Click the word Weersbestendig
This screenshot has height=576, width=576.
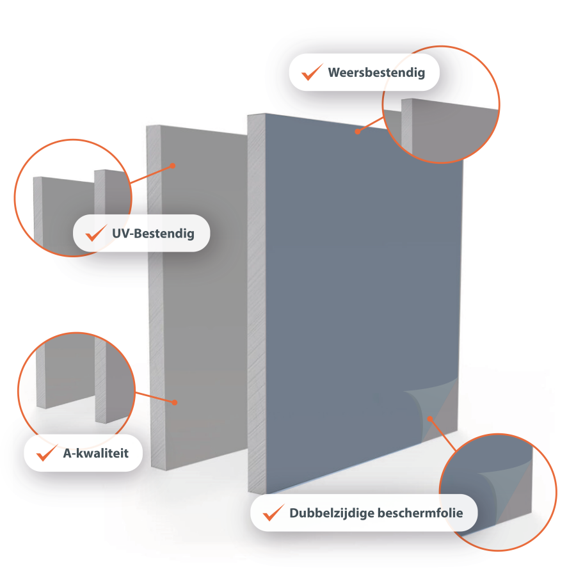click(x=376, y=73)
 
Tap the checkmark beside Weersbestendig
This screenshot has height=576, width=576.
click(x=312, y=72)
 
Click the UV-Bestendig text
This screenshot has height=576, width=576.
click(x=153, y=234)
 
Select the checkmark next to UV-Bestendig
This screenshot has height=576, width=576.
click(x=96, y=233)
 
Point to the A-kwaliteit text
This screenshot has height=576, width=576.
click(x=96, y=453)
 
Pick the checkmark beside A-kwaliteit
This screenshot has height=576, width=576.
click(x=47, y=452)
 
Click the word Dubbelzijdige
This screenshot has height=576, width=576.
click(x=332, y=513)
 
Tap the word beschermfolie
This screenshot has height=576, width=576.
click(x=420, y=513)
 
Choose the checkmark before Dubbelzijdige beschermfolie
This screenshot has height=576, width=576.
click(x=274, y=513)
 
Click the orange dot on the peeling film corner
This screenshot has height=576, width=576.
click(x=430, y=419)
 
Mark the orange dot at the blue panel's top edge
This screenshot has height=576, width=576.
click(x=357, y=131)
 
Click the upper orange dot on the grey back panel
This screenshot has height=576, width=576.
click(x=173, y=166)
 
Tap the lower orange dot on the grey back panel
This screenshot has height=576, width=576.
click(x=175, y=403)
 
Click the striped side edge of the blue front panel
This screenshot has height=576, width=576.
click(x=257, y=303)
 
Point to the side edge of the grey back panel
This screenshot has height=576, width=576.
click(x=156, y=298)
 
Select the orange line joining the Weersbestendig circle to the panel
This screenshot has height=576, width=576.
click(x=371, y=125)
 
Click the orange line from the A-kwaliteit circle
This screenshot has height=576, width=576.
click(x=155, y=397)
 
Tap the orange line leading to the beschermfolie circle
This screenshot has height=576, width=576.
click(x=443, y=435)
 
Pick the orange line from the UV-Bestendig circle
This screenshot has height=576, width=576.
click(x=151, y=174)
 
